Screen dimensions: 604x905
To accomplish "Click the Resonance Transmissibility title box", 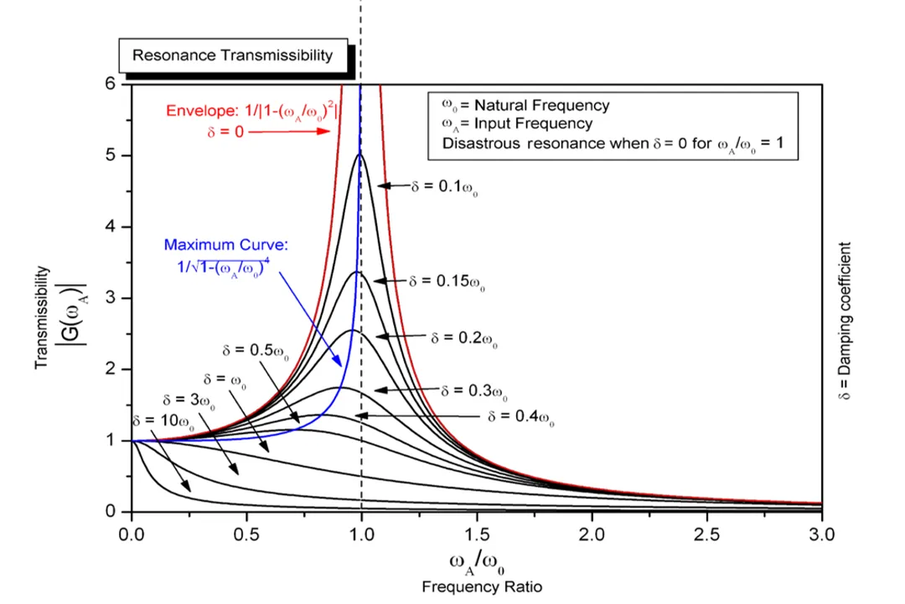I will click(x=233, y=56).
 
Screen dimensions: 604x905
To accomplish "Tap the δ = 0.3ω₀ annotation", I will click(x=474, y=391).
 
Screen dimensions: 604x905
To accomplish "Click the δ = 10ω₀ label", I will click(x=163, y=422).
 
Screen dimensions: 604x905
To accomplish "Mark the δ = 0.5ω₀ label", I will click(x=256, y=349).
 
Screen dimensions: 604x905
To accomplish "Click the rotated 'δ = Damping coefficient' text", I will click(x=844, y=321).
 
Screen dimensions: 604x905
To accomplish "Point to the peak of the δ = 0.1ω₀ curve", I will click(x=360, y=154).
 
